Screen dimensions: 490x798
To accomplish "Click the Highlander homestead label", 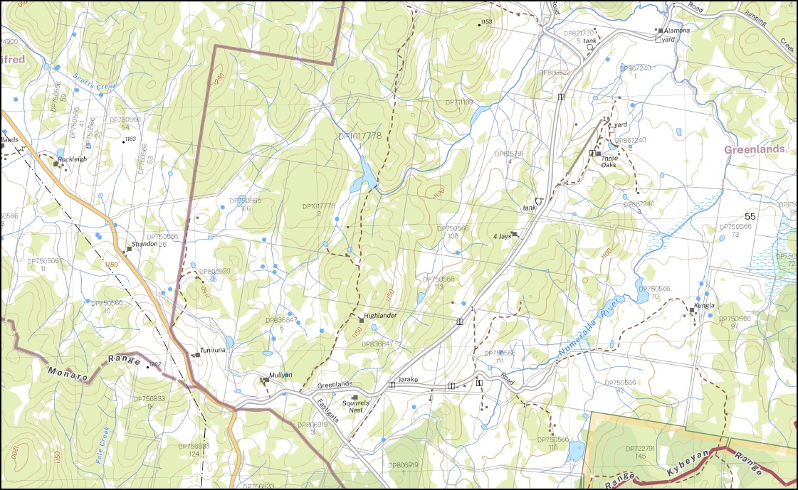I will point(380,314).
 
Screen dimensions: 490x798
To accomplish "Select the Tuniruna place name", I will point(212,351).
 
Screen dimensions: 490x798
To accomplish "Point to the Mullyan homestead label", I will point(280,376).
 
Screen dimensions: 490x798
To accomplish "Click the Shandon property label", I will point(145,244).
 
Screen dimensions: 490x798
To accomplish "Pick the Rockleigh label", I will point(72,159).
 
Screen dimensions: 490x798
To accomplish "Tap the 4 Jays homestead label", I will point(503,236).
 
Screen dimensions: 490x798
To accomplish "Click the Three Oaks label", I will point(609,161).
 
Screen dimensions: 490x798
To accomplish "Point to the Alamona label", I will point(677,31).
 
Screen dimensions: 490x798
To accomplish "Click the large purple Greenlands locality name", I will point(754,149).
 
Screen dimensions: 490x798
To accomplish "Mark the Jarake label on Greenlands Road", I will point(406,380).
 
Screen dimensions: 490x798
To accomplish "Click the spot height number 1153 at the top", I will point(487,22).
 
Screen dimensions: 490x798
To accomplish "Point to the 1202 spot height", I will point(155,364).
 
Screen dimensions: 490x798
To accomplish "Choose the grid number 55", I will point(750,215).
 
